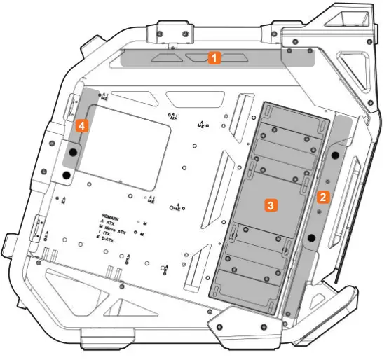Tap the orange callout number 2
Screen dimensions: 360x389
coord(322,197)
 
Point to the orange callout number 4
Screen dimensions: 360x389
coord(83,126)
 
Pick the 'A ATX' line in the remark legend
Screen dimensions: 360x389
coord(109,222)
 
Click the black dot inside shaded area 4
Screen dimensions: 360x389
coord(73,151)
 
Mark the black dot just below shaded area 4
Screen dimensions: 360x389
coord(66,174)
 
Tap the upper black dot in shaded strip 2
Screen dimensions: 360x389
coord(335,153)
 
